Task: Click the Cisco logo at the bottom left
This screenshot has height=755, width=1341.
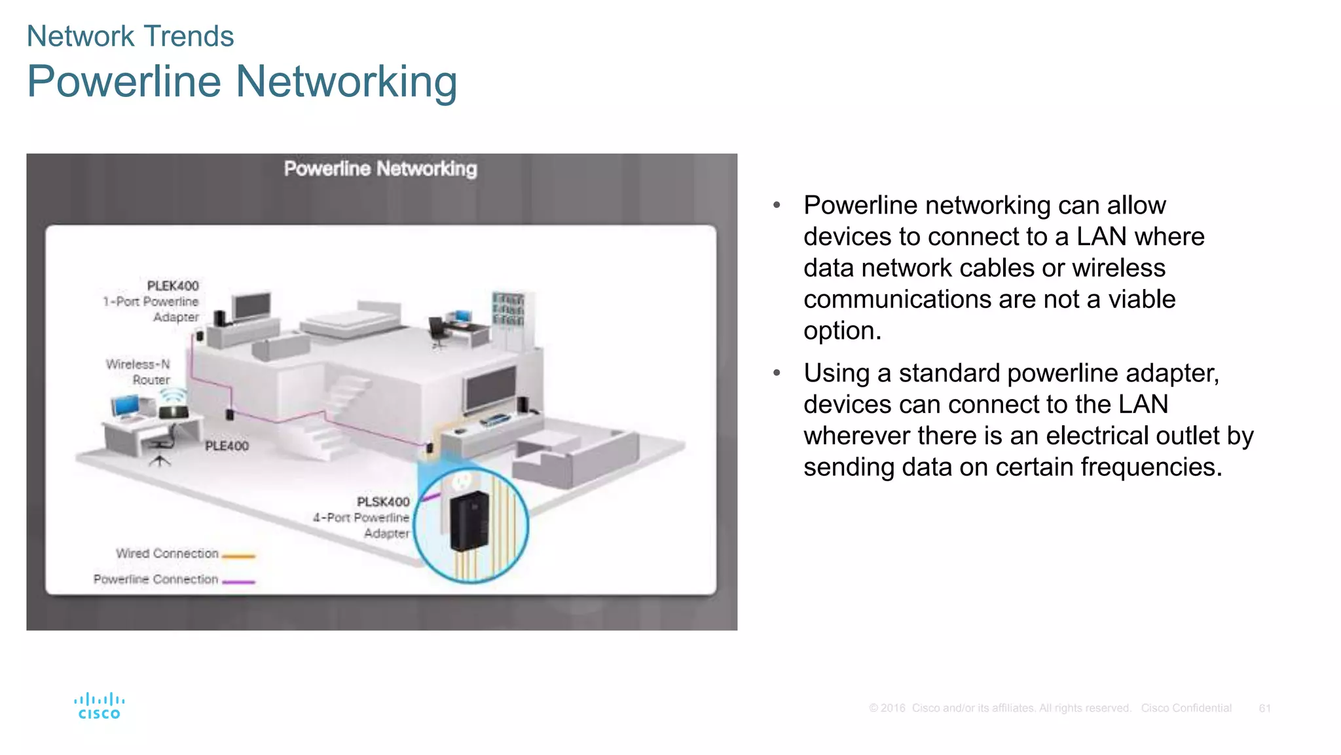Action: tap(99, 706)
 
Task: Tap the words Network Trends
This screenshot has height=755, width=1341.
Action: tap(130, 36)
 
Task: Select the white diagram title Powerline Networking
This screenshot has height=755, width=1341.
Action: tap(380, 169)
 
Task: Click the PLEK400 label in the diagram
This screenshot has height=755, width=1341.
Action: tap(172, 286)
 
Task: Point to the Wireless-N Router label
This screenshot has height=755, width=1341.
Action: tap(138, 372)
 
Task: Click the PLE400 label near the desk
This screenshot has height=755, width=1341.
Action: tap(227, 446)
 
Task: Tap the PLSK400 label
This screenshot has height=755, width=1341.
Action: tap(383, 502)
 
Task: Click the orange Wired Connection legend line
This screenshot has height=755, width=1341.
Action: tap(238, 556)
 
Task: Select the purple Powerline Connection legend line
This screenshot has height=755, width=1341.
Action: tap(238, 581)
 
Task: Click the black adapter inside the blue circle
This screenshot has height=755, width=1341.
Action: tap(469, 521)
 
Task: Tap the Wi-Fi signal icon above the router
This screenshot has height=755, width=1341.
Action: tap(174, 395)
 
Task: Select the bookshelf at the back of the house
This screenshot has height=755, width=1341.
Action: tap(508, 311)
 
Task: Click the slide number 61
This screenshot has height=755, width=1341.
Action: tap(1264, 708)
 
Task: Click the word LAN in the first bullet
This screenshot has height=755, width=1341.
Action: tap(1101, 237)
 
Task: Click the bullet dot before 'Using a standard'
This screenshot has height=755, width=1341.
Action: tap(777, 373)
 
